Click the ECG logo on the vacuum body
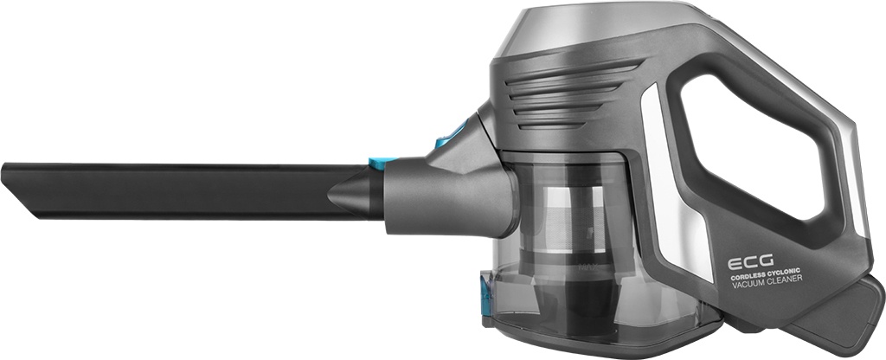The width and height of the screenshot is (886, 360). (749, 262)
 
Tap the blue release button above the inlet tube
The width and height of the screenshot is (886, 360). (449, 135)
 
